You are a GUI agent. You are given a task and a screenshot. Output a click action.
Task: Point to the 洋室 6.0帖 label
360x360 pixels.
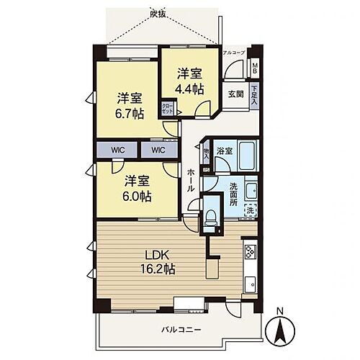pyautogui.click(x=136, y=189)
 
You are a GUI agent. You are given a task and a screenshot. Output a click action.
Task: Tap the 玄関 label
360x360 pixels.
pyautogui.click(x=235, y=94)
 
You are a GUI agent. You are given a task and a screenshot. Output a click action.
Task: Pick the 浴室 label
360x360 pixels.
pyautogui.click(x=225, y=151)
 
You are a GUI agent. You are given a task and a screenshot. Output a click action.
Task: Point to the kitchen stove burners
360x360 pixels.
pyautogui.click(x=250, y=252)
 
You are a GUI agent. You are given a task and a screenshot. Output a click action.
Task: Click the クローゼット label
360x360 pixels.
pyautogui.click(x=168, y=109)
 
